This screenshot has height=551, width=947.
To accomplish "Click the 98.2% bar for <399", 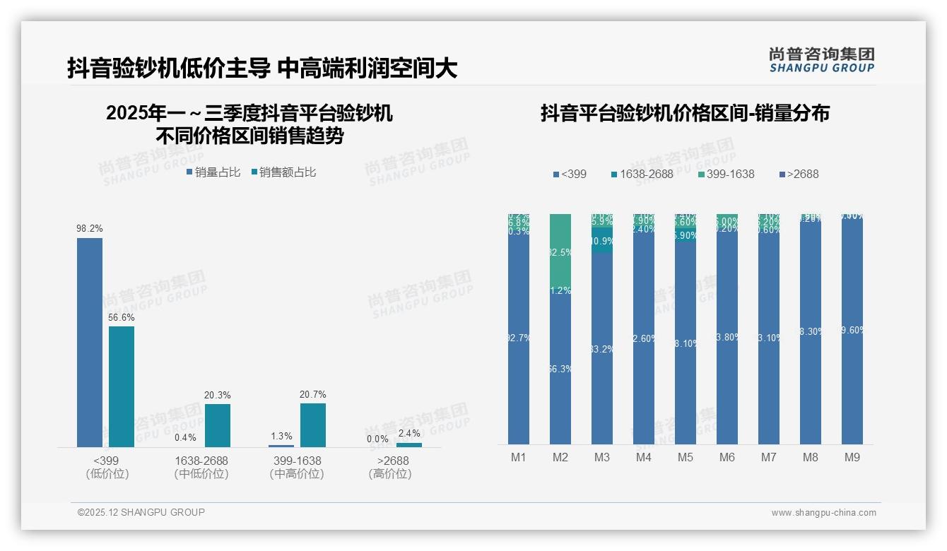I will pyautogui.click(x=90, y=343).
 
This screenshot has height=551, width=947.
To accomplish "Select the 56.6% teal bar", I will pyautogui.click(x=122, y=386).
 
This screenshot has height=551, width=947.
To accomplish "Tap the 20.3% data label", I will pyautogui.click(x=217, y=395).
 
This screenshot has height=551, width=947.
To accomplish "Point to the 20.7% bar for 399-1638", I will pyautogui.click(x=313, y=425).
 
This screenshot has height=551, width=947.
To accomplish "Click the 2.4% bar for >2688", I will pyautogui.click(x=409, y=445).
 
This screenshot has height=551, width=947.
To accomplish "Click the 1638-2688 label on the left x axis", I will pyautogui.click(x=201, y=461).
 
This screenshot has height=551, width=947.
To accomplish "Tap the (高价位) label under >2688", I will pyautogui.click(x=390, y=474).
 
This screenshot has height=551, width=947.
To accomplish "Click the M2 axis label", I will pyautogui.click(x=560, y=458).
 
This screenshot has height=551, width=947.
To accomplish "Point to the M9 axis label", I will pyautogui.click(x=852, y=458).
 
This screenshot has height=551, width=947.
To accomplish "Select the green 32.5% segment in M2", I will pyautogui.click(x=560, y=251).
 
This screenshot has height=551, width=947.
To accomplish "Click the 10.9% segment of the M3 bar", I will pyautogui.click(x=602, y=241).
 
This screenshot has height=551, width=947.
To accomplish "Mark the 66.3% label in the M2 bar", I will pyautogui.click(x=560, y=369).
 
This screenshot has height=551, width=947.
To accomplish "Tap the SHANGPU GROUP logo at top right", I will pyautogui.click(x=821, y=60).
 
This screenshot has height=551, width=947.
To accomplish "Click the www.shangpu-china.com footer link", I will pyautogui.click(x=823, y=513).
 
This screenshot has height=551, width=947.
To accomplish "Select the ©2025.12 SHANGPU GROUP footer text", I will pyautogui.click(x=141, y=512).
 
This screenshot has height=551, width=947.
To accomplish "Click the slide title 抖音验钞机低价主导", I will pyautogui.click(x=168, y=69).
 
